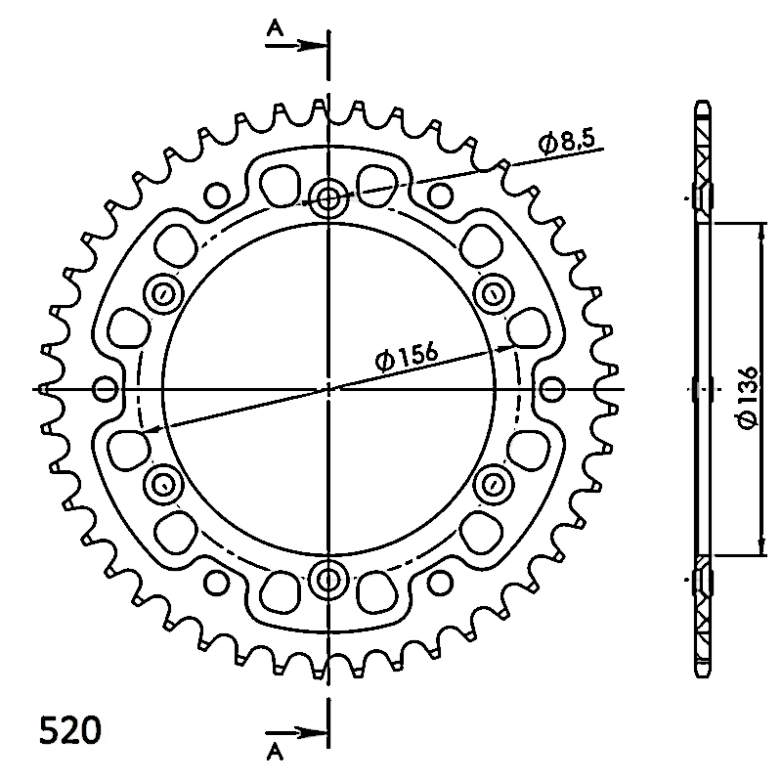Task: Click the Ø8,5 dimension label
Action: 567,141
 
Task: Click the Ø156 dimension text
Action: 407,356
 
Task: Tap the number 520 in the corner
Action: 70,730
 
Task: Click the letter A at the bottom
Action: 275,752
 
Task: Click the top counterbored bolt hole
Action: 327,199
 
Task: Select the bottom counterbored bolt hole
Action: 327,579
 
